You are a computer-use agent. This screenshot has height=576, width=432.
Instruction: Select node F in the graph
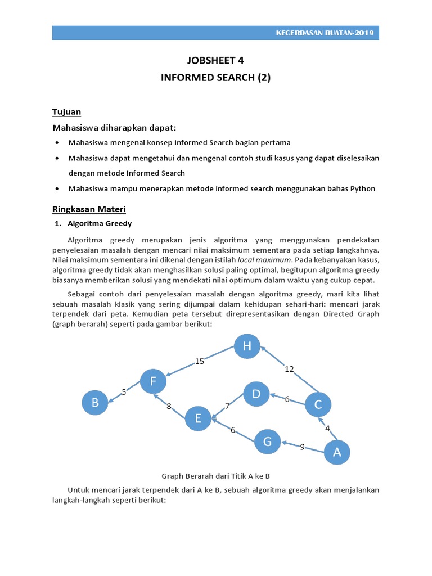coord(153,382)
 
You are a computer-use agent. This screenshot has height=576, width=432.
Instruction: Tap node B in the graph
coord(95,403)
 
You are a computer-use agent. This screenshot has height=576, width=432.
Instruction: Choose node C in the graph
coord(318,404)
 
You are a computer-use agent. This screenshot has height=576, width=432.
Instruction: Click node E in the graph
coord(198,418)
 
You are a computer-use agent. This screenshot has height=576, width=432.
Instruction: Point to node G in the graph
coord(267,442)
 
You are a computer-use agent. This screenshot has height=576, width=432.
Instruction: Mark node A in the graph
coord(337,451)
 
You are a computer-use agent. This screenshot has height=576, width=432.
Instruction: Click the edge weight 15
coord(200,361)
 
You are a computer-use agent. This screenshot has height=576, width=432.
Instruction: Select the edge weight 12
coord(289,369)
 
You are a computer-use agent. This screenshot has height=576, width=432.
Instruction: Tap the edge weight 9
coord(302,447)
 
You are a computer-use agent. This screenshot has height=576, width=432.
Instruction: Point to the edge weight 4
coord(327,427)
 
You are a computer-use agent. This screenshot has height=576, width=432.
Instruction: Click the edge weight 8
coord(169,406)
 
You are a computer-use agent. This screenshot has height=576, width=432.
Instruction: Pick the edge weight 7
coord(227,406)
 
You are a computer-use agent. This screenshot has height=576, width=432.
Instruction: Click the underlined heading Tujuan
coord(67,111)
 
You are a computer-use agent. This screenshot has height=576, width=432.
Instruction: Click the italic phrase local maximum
coord(264,259)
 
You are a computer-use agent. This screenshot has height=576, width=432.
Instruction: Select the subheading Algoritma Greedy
coord(100,223)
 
